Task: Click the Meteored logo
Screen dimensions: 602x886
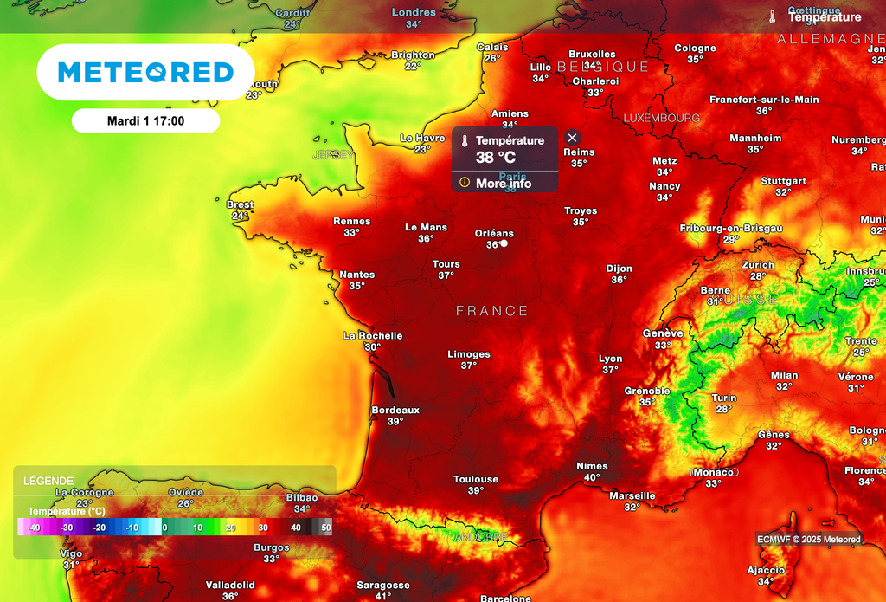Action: [x=145, y=73]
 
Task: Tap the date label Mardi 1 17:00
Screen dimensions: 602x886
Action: [x=145, y=121]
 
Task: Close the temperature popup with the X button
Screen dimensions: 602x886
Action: [x=572, y=138]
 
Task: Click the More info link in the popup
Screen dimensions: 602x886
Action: [x=503, y=184]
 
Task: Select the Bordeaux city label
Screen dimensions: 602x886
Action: [x=395, y=410]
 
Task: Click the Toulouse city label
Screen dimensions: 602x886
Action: [x=476, y=479]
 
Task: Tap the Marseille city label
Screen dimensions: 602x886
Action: [x=632, y=495]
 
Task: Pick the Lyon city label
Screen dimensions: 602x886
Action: [x=611, y=359]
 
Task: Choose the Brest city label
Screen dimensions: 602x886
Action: [x=240, y=204]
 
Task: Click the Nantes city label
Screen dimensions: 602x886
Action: [x=356, y=275]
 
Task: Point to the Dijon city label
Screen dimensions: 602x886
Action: [x=619, y=269]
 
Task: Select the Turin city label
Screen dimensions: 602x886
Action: [x=724, y=398]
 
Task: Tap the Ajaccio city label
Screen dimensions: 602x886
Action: [x=766, y=570]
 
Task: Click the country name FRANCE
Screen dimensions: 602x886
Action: [x=491, y=311]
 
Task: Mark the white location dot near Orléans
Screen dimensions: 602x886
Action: [x=504, y=243]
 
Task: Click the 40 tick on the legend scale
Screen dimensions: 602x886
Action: [x=296, y=528]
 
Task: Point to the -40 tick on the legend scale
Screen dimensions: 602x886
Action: [x=34, y=528]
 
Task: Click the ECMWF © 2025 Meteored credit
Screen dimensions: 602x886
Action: [x=809, y=540]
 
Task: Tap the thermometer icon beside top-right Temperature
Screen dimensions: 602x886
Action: [x=772, y=16]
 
